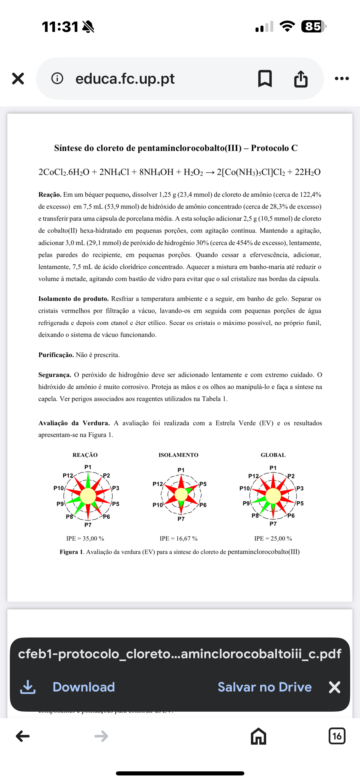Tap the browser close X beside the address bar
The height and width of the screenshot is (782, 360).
tap(18, 79)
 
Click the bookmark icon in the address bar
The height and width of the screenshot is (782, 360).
tap(265, 79)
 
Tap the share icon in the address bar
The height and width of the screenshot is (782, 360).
tap(301, 79)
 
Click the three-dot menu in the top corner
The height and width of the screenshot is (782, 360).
tap(342, 79)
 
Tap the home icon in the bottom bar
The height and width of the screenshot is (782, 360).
tap(258, 736)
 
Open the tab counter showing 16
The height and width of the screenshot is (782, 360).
tap(337, 736)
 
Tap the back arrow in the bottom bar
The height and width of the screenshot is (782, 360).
tap(23, 736)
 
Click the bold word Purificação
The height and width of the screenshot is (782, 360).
tap(56, 355)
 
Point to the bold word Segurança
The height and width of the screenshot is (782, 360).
tap(55, 375)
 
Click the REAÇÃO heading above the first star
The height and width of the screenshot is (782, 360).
tap(85, 455)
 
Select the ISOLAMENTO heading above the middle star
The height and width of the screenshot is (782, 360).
tap(178, 455)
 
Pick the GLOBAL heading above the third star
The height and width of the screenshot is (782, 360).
tap(273, 455)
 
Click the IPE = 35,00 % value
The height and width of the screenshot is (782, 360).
tap(85, 539)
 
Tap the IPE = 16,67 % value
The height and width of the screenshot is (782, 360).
tap(178, 539)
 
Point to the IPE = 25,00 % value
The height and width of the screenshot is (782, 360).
tap(273, 539)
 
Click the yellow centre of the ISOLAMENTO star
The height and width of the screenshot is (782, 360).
tap(181, 495)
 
